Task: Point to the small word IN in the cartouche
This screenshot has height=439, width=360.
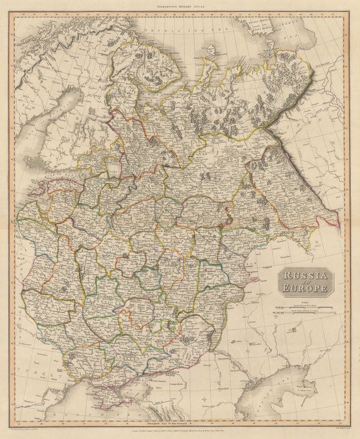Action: click(x=305, y=282)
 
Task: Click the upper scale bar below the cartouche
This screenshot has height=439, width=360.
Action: click(x=305, y=304)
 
